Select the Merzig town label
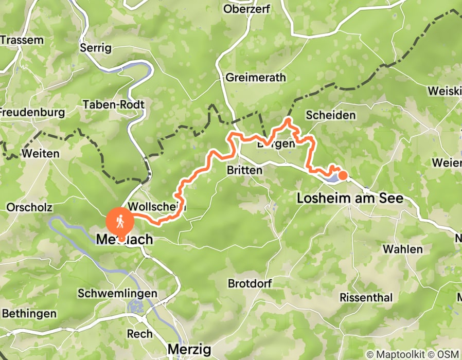coord(189,350)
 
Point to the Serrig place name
coord(96,48)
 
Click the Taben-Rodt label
coord(114,104)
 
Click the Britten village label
coord(245,170)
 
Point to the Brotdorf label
coord(250,284)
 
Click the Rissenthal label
coord(366,297)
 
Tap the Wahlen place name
coord(402,249)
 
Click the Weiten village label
coord(40,153)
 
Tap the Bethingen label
coord(29,313)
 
